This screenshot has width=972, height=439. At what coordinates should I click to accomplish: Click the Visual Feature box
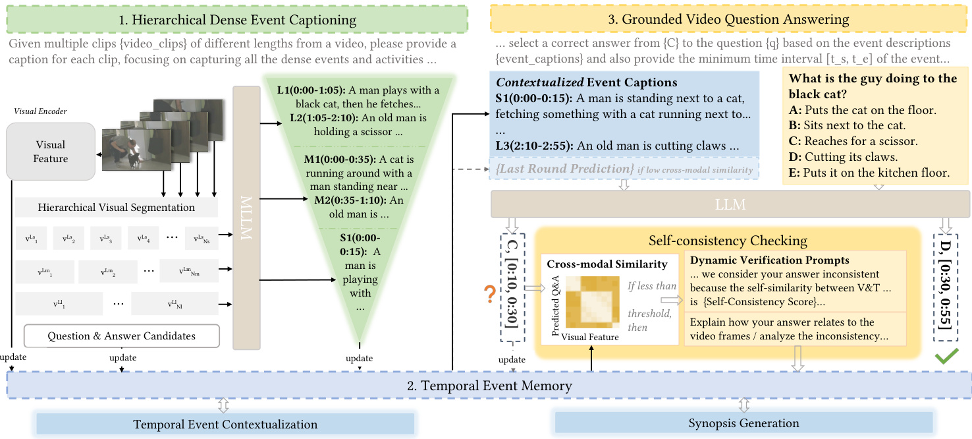coord(51,152)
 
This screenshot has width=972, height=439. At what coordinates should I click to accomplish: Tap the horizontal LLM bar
coord(730,205)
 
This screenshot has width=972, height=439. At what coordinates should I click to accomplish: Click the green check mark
coord(946,359)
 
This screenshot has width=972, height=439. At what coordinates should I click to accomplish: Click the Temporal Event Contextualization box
coord(225,424)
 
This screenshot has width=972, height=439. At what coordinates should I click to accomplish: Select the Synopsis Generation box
coord(743,423)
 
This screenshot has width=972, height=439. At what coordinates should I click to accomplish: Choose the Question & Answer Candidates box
coord(121,336)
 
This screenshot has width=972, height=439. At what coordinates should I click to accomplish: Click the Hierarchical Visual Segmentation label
coord(116,208)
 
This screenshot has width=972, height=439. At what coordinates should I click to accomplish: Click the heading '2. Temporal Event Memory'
coord(490,386)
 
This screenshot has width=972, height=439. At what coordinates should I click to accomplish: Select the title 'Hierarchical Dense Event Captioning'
coord(237,20)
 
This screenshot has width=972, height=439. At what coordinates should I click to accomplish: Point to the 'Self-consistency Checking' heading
coord(728,241)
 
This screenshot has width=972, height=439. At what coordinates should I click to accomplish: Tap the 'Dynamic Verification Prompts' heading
coord(769,260)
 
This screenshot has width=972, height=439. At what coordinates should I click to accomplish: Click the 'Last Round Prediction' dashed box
coord(624,169)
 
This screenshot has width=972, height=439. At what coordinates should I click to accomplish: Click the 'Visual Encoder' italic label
coord(40,111)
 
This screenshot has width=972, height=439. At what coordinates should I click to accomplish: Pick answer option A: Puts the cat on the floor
coord(862,110)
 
